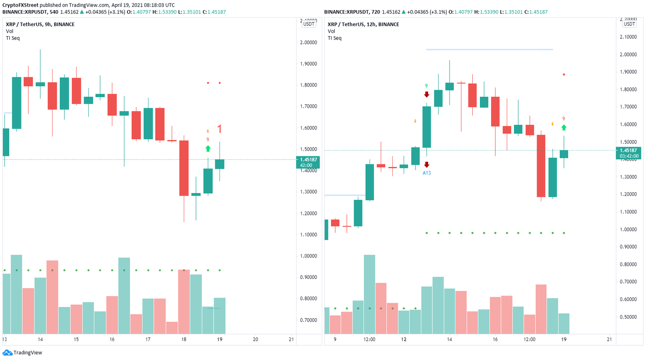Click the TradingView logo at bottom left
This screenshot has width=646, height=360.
[x=23, y=352]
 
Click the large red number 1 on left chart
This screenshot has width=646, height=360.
[x=219, y=129]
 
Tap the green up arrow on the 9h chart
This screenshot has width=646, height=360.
[x=208, y=148]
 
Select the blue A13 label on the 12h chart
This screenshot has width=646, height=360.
[x=426, y=173]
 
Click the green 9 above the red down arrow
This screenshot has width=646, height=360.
[x=426, y=86]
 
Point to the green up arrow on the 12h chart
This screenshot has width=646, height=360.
[x=564, y=127]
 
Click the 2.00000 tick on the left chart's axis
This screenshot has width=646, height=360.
[x=308, y=42]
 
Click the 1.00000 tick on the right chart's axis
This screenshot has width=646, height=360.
[x=628, y=230]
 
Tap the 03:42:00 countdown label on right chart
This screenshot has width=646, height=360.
[x=629, y=156]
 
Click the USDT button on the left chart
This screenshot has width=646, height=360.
[x=309, y=24]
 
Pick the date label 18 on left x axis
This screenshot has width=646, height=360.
[x=184, y=339]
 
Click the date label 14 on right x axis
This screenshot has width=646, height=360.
[x=449, y=339]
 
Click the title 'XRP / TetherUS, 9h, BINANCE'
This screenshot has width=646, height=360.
[x=40, y=24]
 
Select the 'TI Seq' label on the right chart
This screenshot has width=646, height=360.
[x=334, y=38]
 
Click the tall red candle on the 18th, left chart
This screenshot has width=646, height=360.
[x=184, y=168]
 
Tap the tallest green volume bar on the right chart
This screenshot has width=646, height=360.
[x=369, y=294]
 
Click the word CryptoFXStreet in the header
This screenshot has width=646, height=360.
[x=20, y=5]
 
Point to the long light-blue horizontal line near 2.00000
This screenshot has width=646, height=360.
[x=489, y=50]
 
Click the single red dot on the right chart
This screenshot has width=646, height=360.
[x=564, y=74]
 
